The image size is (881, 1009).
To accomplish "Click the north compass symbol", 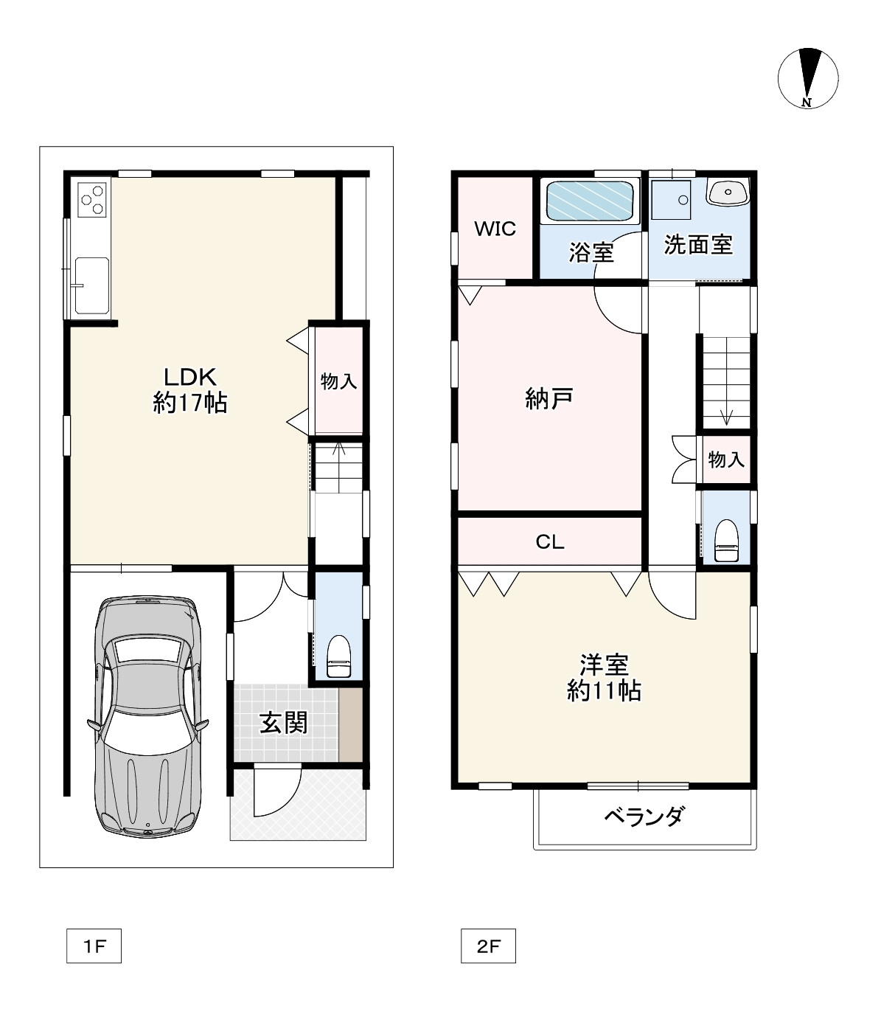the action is coord(808,78).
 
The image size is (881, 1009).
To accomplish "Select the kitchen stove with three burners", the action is coord(93,199).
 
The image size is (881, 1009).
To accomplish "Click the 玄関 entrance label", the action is coord(283,723).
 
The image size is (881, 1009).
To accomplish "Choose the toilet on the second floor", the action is coord(726,541).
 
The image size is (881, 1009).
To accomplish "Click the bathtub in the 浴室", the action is coord(591,201).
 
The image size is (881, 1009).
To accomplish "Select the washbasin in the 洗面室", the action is coord(728,192).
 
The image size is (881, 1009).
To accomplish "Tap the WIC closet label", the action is coord(495,229).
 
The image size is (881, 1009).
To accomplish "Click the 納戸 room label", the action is coord(549,398).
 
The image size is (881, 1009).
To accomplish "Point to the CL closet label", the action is coord(550,542).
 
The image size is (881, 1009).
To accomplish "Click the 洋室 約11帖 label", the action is coord(604,678).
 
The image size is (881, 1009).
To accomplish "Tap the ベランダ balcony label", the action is coord(644,816).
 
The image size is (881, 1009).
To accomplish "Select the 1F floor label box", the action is coord(94,946).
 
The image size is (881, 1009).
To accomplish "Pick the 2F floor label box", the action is coord(488,946).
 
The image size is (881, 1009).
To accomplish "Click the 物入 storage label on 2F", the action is coord(726,460).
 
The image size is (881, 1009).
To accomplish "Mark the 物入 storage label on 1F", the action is coord(338,381).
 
